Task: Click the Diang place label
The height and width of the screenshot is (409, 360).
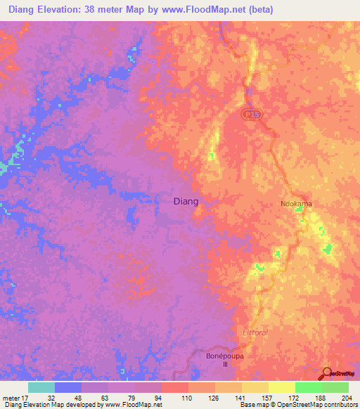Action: click(x=186, y=201)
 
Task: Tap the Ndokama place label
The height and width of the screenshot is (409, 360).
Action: click(x=296, y=204)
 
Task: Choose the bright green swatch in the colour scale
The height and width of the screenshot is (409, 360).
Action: click(x=308, y=387)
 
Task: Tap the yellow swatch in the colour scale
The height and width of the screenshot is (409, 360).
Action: click(x=281, y=387)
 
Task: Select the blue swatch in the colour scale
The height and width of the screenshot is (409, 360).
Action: click(x=67, y=387)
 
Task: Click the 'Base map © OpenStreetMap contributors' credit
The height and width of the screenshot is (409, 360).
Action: click(x=297, y=405)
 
